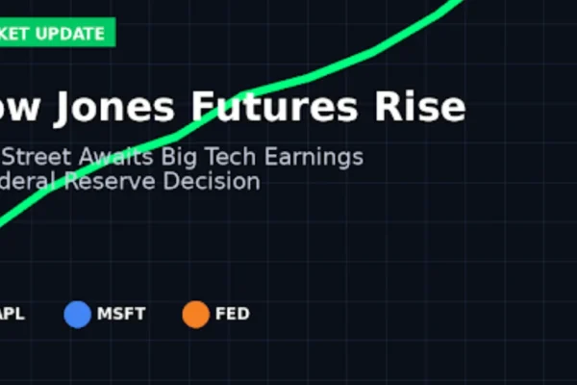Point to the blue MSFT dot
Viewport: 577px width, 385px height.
[x=77, y=314]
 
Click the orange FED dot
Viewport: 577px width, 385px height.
[x=195, y=314]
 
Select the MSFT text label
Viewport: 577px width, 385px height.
[x=120, y=314]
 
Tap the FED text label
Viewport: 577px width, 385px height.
[x=232, y=314]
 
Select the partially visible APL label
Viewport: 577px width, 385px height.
[x=12, y=314]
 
